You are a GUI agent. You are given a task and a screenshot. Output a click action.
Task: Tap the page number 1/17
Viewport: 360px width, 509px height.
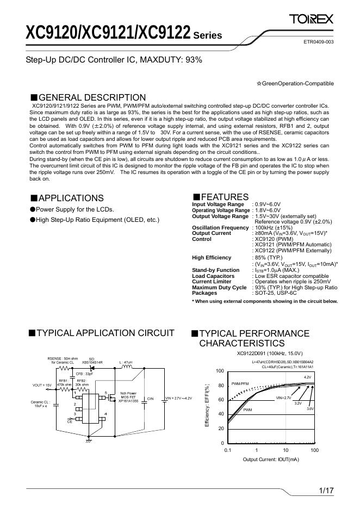pyautogui.click(x=326, y=491)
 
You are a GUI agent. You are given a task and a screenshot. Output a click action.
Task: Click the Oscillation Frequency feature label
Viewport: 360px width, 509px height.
pyautogui.click(x=220, y=227)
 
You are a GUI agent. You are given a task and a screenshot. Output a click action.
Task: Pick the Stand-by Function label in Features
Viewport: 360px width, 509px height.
pyautogui.click(x=215, y=270)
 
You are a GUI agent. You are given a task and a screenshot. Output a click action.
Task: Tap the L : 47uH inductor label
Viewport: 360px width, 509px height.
pyautogui.click(x=126, y=362)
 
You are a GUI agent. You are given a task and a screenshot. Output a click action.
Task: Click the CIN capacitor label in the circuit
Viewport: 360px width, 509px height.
pyautogui.click(x=151, y=399)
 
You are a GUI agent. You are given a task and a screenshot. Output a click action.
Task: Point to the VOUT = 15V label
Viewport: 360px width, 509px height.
pyautogui.click(x=42, y=385)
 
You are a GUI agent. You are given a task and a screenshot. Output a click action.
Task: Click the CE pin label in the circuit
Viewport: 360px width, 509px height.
pyautogui.click(x=70, y=421)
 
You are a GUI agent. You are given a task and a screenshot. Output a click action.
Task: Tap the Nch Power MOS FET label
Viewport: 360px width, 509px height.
pyautogui.click(x=128, y=396)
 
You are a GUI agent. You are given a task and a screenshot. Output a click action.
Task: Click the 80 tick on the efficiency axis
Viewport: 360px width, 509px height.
pyautogui.click(x=220, y=386)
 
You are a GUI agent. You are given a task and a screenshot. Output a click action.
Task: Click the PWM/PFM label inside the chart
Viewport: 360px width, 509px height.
pyautogui.click(x=240, y=383)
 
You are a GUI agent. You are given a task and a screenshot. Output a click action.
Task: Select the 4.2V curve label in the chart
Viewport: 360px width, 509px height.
pyautogui.click(x=307, y=377)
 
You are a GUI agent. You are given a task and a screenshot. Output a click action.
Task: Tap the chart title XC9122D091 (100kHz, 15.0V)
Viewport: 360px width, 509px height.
pyautogui.click(x=270, y=353)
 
